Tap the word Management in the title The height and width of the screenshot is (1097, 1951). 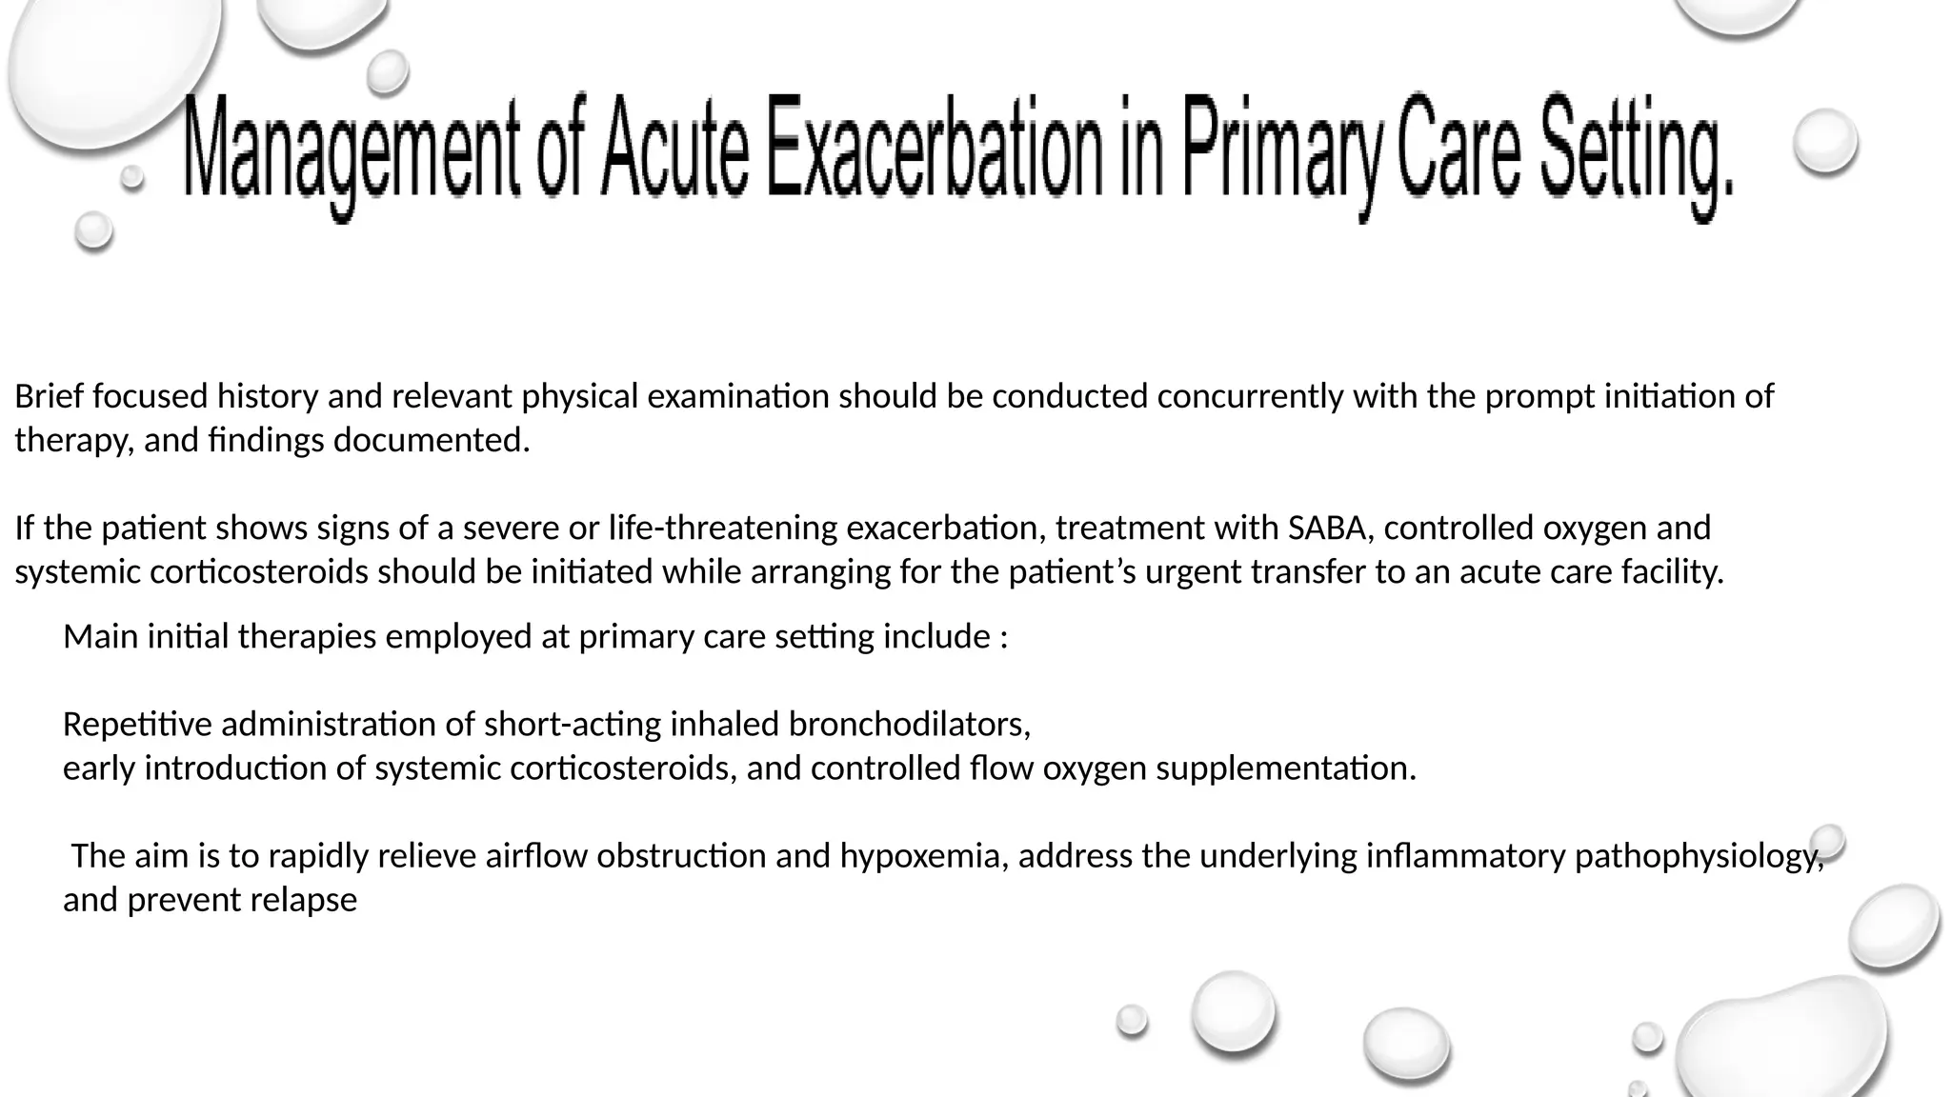(x=350, y=152)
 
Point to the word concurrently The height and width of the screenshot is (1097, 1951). (x=1251, y=396)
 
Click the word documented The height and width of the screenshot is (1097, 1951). (x=431, y=440)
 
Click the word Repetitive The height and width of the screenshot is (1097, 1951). (x=137, y=725)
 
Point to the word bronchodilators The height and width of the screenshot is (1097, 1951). (x=910, y=725)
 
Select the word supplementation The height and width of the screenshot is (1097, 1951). (x=1286, y=768)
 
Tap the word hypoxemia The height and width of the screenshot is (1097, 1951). (x=924, y=856)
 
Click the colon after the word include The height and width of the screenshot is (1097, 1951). (x=1004, y=637)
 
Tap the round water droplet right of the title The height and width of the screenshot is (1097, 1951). (x=1825, y=141)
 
